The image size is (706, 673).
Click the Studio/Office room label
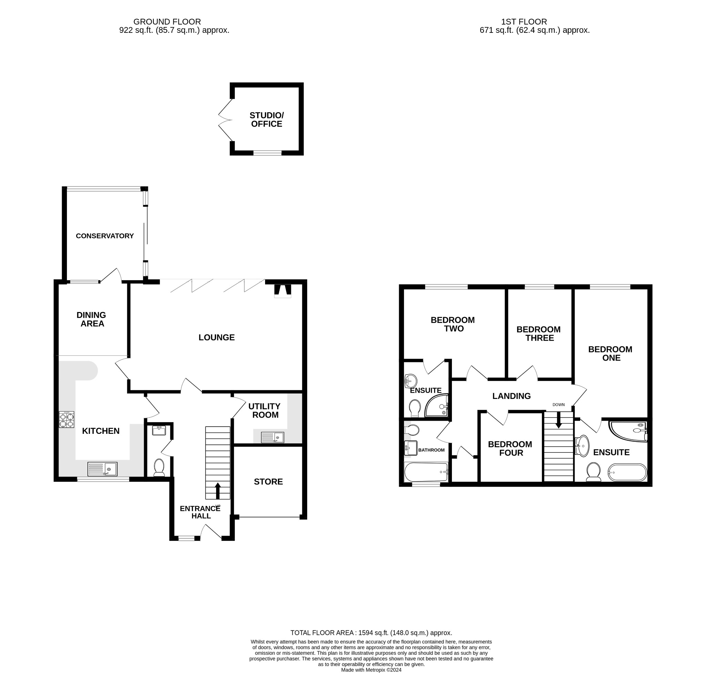[266, 119]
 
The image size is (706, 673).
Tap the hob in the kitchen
[67, 419]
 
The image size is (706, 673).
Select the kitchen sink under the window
[102, 469]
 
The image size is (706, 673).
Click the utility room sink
[272, 437]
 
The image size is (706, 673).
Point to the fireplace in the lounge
[282, 291]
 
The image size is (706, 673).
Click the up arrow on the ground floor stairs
[218, 490]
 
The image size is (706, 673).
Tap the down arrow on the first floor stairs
[558, 420]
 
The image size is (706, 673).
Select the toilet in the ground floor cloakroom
[159, 467]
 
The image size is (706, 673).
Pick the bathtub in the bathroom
[426, 472]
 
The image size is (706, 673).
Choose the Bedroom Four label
[510, 448]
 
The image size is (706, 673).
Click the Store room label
[268, 481]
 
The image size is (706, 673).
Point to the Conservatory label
[105, 236]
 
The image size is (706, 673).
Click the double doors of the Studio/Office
[225, 119]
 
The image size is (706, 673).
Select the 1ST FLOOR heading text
[524, 21]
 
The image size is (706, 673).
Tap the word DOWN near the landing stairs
[558, 404]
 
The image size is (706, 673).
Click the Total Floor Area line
[371, 633]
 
